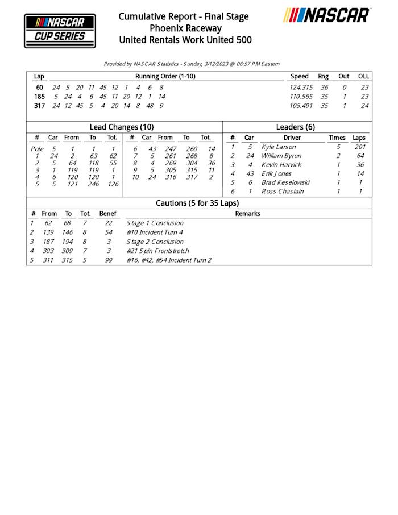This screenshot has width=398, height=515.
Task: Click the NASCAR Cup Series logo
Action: point(60,30)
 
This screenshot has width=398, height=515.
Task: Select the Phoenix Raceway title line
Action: point(185,28)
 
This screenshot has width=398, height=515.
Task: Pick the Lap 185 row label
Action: point(39,97)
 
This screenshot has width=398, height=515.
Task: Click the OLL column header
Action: point(363,76)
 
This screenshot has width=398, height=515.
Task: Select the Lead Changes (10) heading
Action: point(122,127)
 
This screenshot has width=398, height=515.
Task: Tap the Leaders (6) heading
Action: point(295,127)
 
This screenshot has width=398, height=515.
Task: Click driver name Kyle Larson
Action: point(278,147)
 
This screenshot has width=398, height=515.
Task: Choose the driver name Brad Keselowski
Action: point(285,182)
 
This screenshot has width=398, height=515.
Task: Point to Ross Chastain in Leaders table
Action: point(282,192)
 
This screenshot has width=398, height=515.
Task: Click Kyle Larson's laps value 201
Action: point(359,147)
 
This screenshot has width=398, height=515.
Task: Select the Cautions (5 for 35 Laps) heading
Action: point(197,203)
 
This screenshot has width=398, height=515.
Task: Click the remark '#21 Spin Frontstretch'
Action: point(157,251)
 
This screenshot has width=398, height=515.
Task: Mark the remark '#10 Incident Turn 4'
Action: point(155,232)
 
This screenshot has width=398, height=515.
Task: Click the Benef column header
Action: point(107,214)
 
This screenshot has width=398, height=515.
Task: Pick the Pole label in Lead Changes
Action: point(36,149)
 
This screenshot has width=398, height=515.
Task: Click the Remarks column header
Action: point(247,214)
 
